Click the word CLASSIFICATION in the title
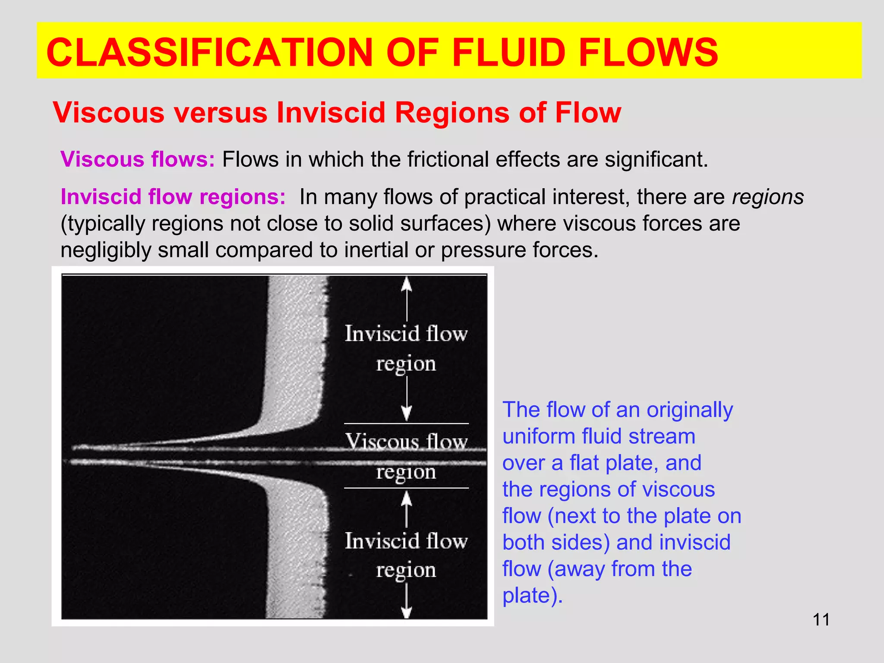pos(209,53)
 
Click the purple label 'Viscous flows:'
pos(138,159)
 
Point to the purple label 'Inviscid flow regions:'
pos(173,197)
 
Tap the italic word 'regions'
pos(768,197)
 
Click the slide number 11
pos(821,620)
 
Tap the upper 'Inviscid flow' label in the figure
pos(406,334)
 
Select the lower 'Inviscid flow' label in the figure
pos(406,541)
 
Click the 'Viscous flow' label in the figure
pos(406,441)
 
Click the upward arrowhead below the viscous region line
pos(406,499)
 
